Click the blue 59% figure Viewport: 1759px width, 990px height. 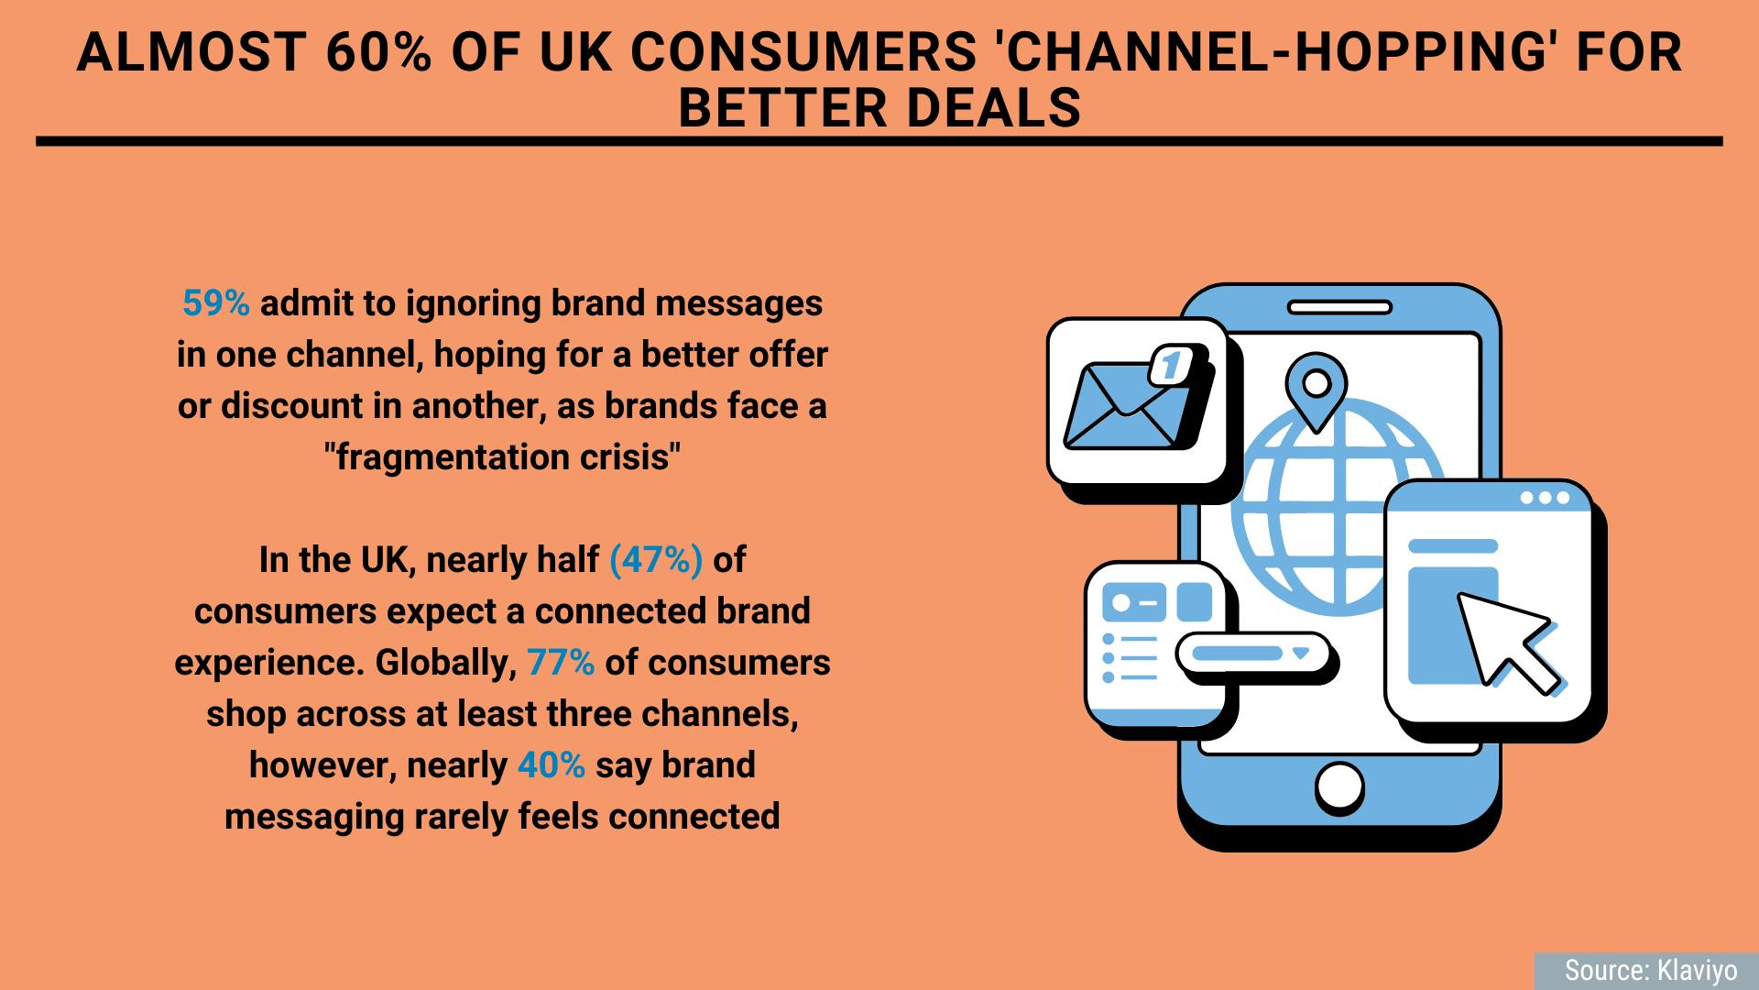[x=216, y=303]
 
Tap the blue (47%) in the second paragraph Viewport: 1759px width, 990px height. [x=656, y=560]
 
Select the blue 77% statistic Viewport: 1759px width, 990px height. [x=561, y=663]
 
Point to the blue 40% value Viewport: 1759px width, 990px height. [x=552, y=765]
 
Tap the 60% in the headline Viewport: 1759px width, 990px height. [x=377, y=52]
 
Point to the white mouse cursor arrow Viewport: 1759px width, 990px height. [x=1506, y=642]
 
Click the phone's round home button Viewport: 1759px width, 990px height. [x=1339, y=787]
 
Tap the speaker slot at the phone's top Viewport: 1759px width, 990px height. [x=1339, y=308]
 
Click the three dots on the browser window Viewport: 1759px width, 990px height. [x=1545, y=498]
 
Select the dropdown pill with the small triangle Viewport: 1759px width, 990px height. [x=1252, y=654]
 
